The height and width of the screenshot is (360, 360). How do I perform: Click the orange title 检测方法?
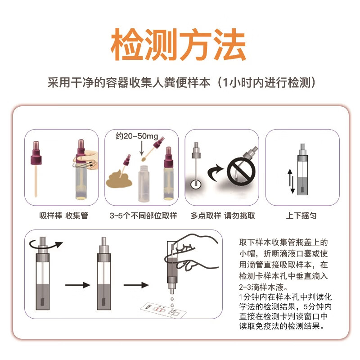pos(179,45)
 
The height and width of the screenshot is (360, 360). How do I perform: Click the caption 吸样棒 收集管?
pos(63,216)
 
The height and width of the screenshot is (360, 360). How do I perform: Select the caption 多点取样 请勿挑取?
pos(223,216)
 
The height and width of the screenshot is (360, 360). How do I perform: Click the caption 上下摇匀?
pos(301,216)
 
